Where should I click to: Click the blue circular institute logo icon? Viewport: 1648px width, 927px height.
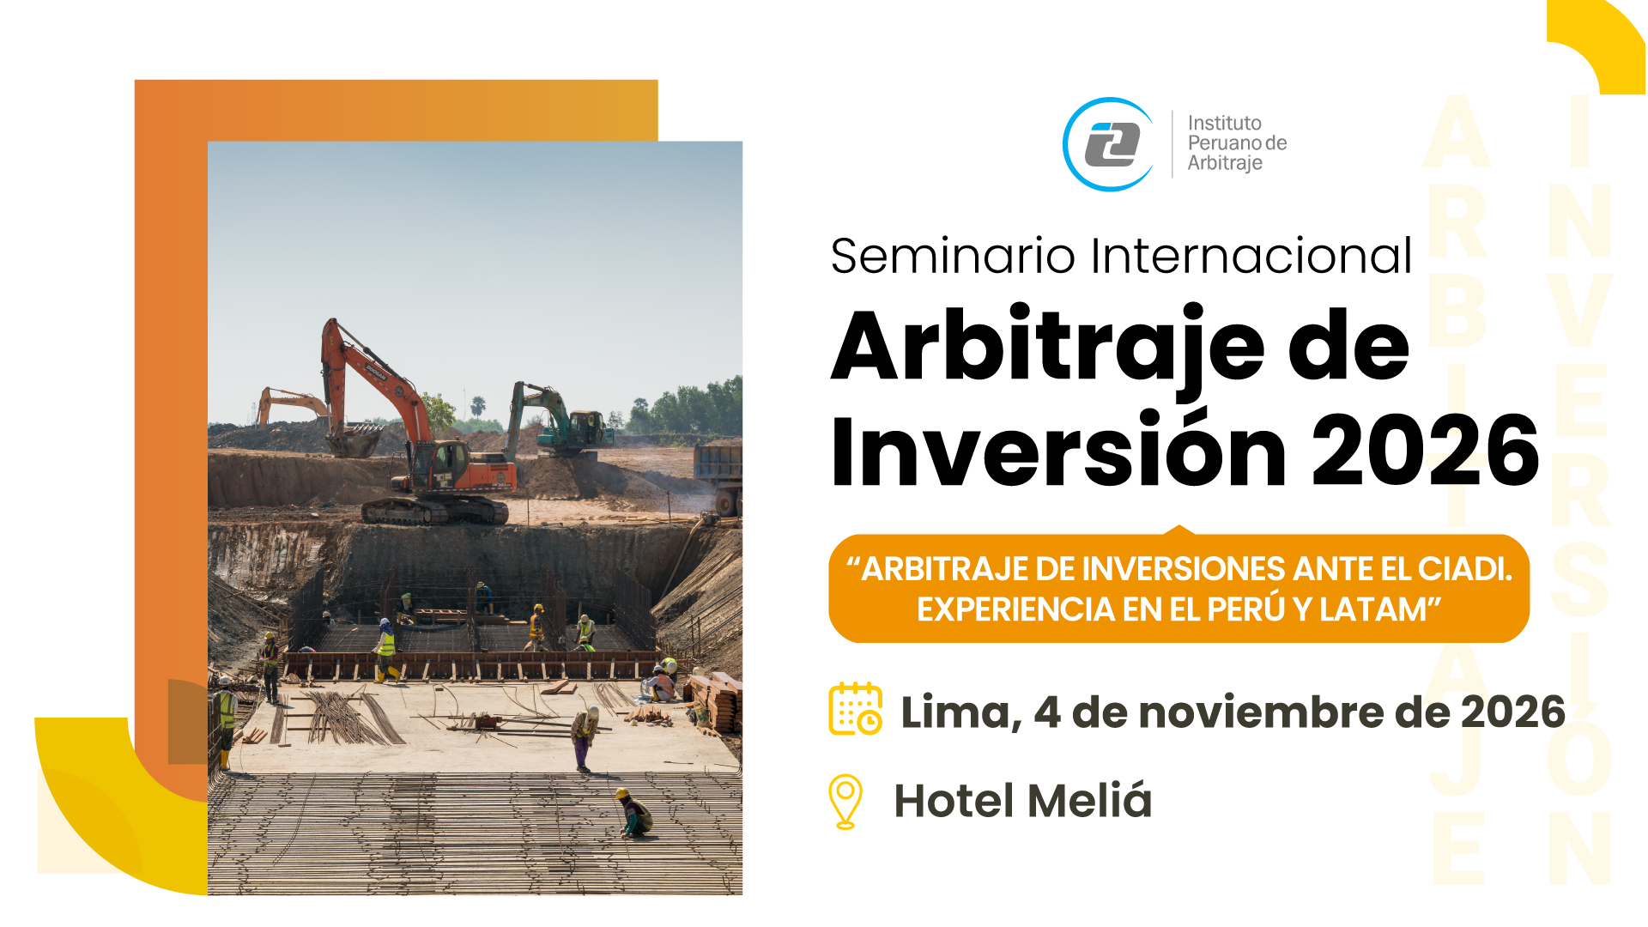(x=1109, y=144)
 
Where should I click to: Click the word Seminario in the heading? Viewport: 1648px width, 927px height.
(x=953, y=256)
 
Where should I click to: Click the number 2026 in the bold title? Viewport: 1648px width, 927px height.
(x=1426, y=450)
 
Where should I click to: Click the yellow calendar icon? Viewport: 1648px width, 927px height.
(x=856, y=709)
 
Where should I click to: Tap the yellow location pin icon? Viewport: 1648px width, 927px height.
(x=845, y=802)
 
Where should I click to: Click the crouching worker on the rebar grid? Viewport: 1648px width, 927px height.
(x=634, y=813)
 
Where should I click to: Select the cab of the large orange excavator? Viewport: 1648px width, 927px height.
(x=447, y=464)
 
